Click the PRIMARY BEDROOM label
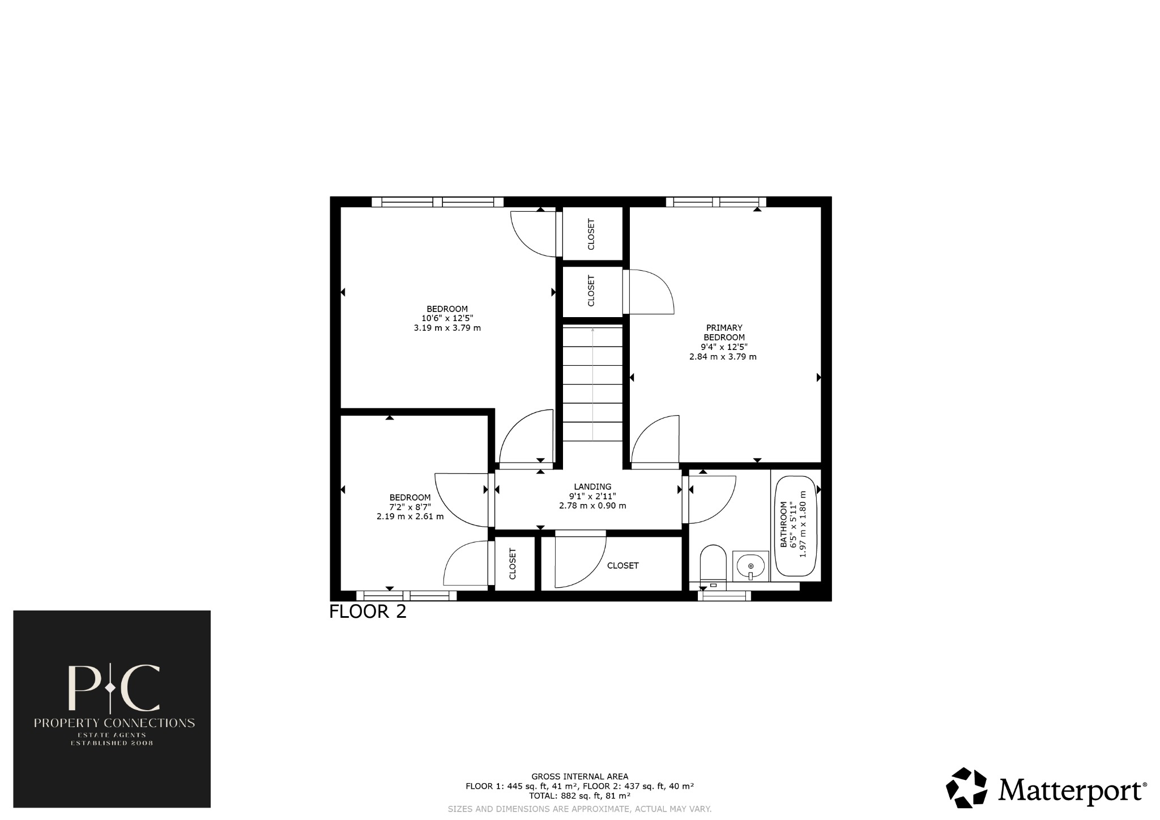point(723,332)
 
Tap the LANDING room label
point(592,486)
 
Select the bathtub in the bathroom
point(796,527)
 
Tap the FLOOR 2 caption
point(368,612)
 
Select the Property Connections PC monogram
point(113,687)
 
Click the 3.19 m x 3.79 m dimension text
point(447,328)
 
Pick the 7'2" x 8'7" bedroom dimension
point(410,507)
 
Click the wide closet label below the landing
point(622,566)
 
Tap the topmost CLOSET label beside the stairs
point(591,234)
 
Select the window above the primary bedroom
point(716,202)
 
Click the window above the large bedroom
point(437,202)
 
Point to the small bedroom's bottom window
point(406,595)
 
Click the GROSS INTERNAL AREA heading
point(579,776)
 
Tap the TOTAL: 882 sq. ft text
point(579,796)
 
